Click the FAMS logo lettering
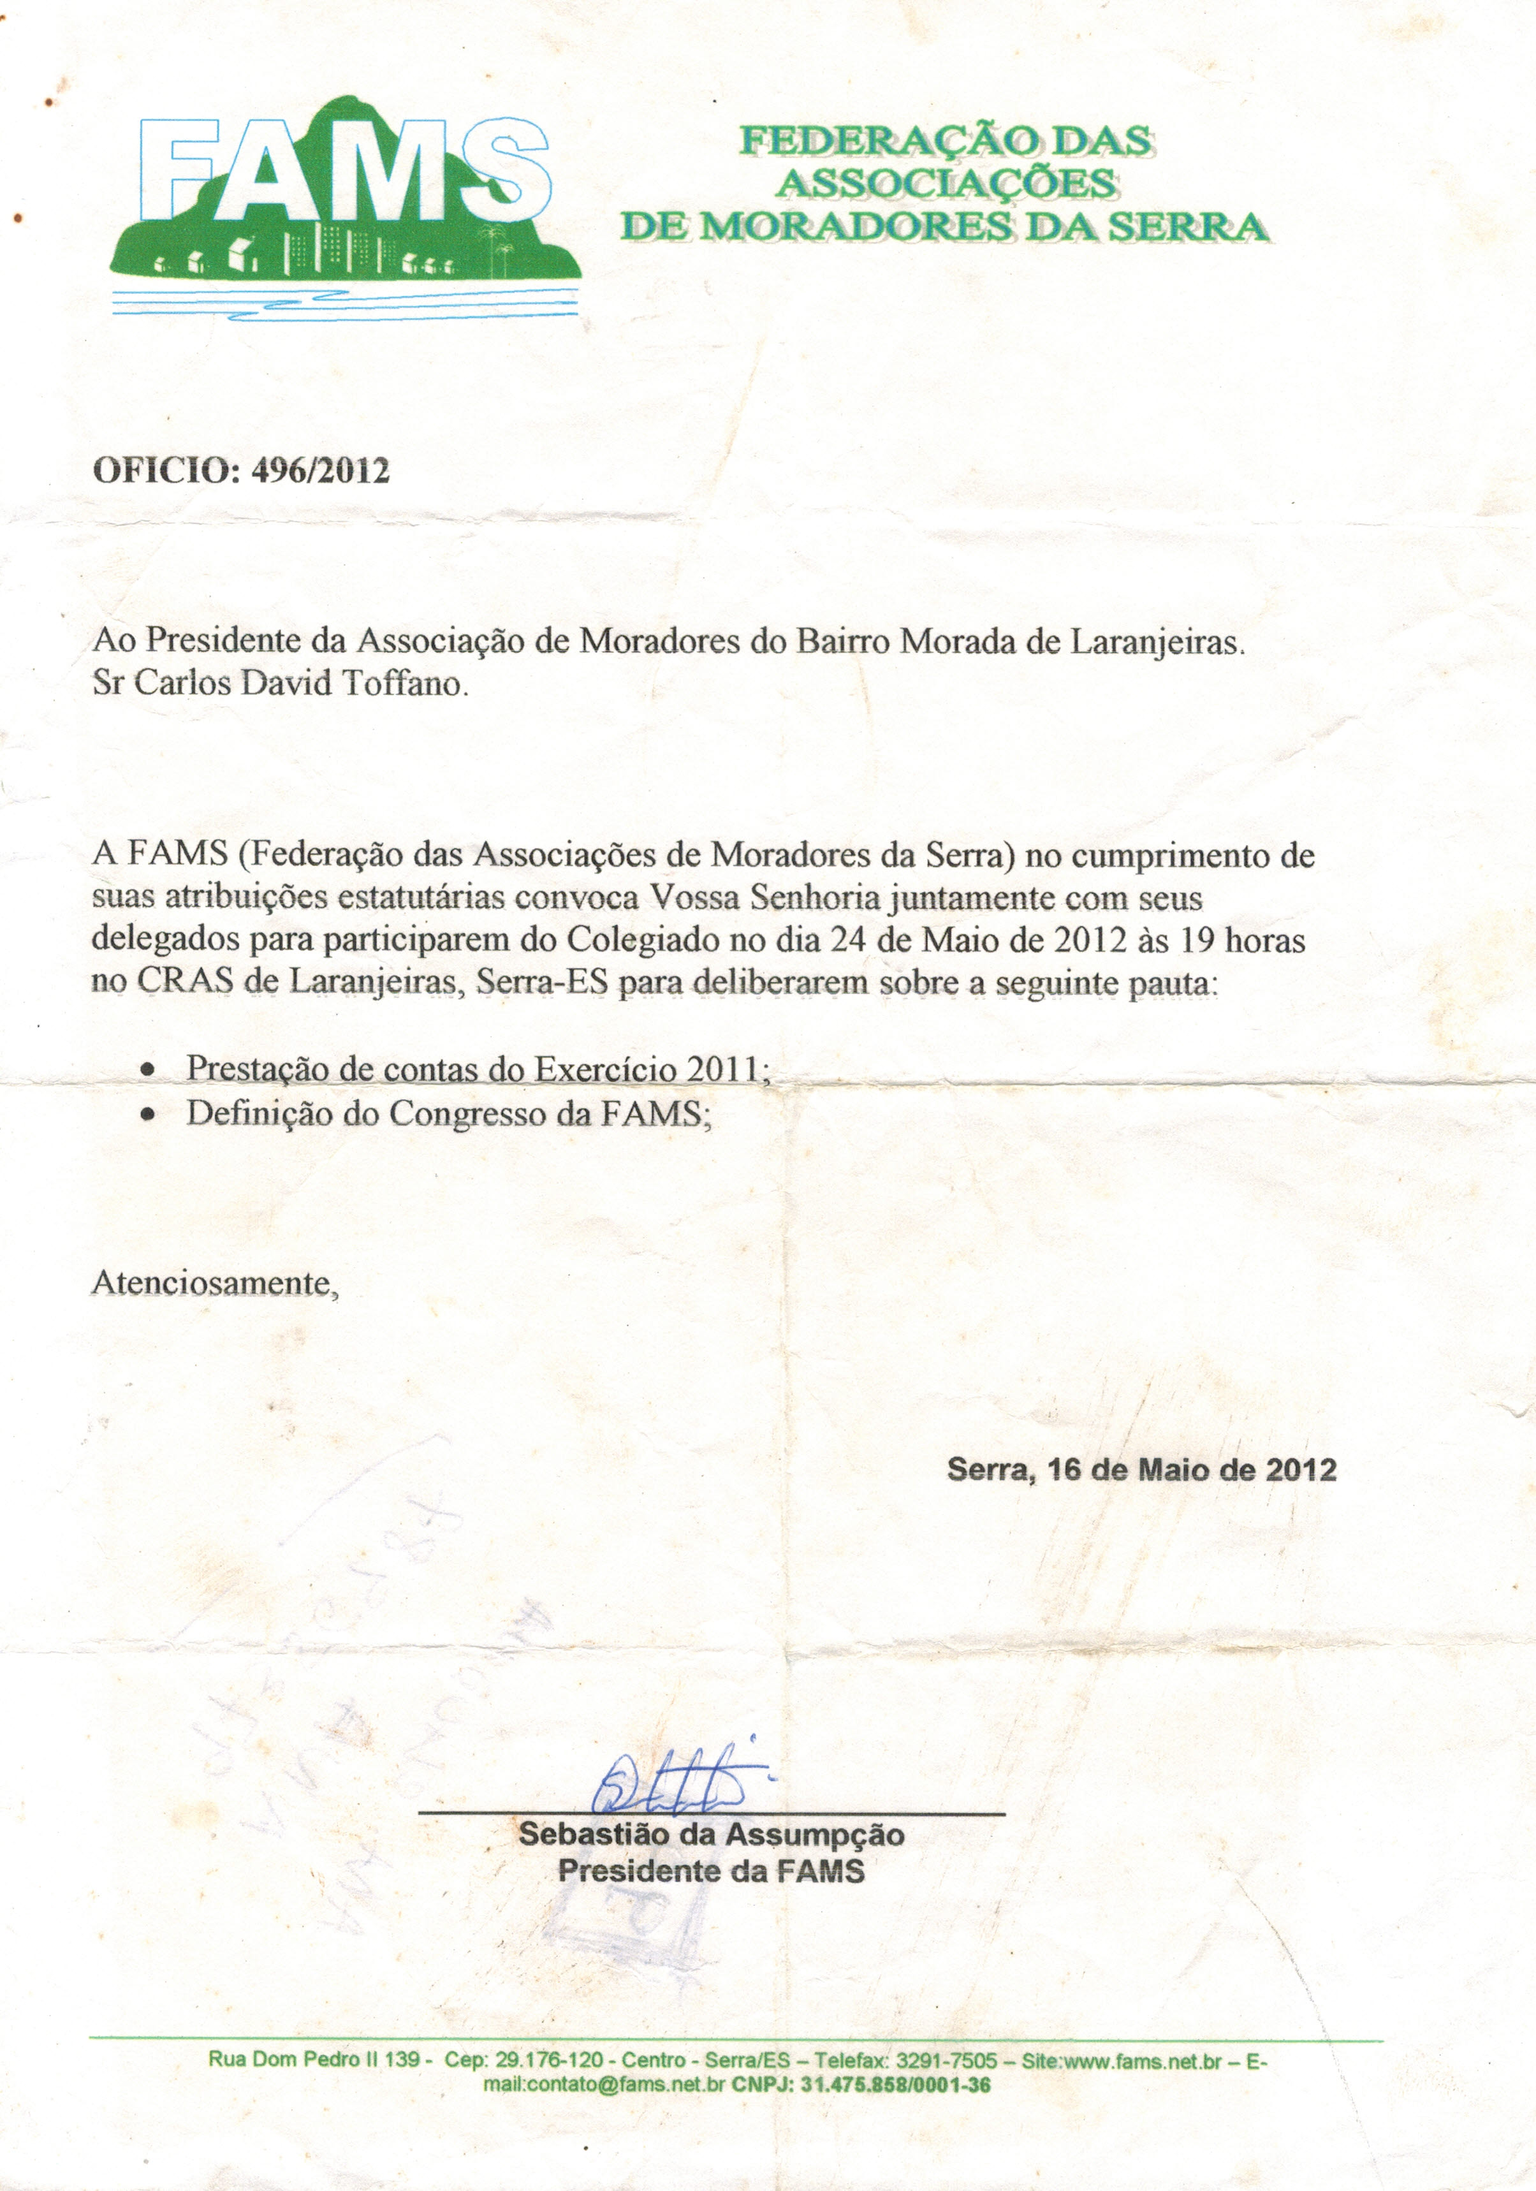click(x=344, y=172)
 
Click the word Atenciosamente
click(x=214, y=1284)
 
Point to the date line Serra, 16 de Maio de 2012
click(x=1141, y=1470)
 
